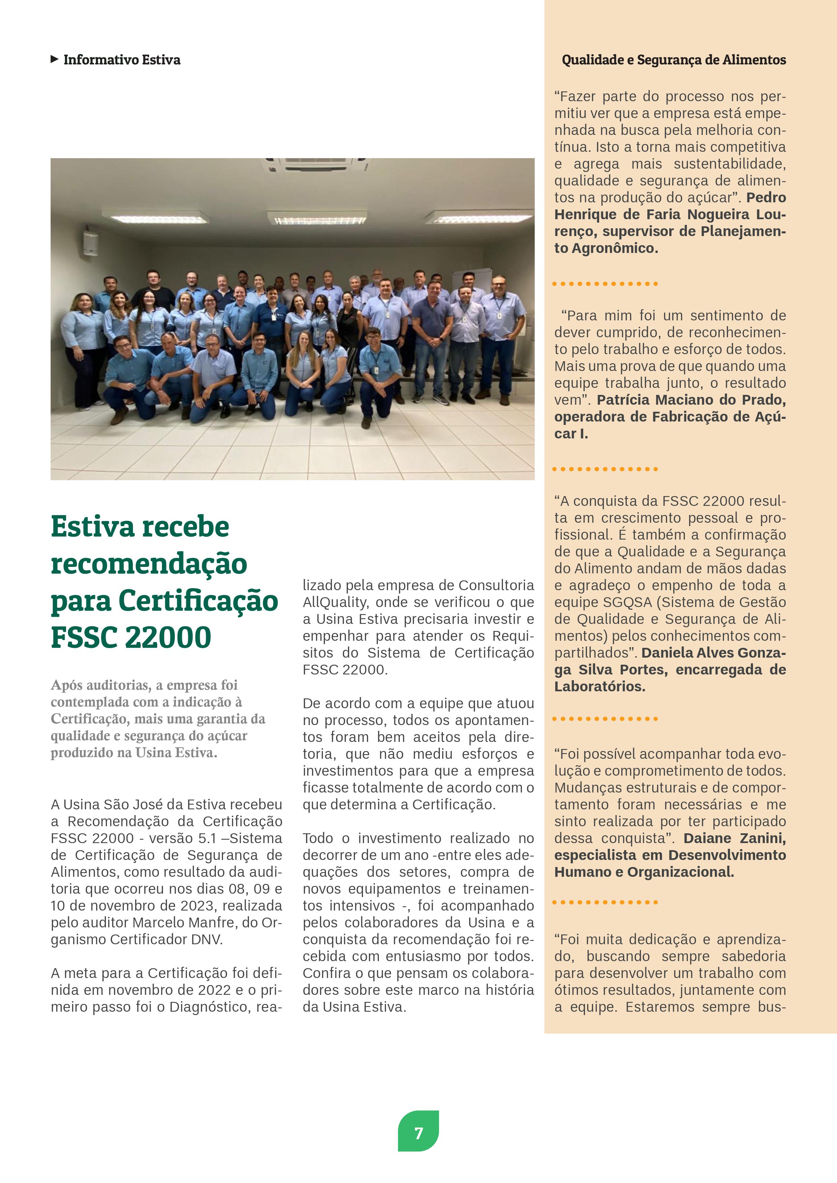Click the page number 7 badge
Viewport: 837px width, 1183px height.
418,1133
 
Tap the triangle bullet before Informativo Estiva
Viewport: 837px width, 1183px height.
54,59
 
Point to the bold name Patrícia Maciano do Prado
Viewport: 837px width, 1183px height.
691,400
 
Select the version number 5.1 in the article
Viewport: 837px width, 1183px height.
208,838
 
